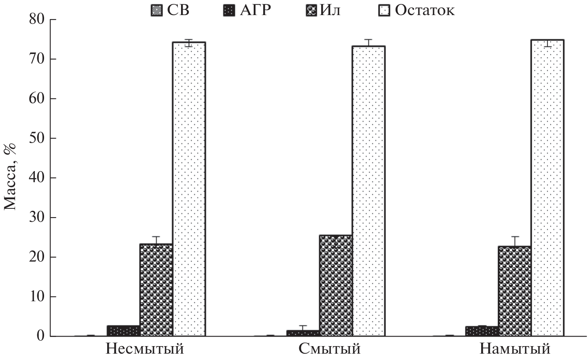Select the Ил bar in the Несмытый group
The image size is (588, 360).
156,290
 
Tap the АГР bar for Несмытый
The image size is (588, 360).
123,331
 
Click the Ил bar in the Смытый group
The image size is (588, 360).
335,285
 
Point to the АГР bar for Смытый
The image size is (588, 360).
303,333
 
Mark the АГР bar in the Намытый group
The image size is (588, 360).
482,331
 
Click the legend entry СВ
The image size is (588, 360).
170,10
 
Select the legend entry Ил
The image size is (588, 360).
324,10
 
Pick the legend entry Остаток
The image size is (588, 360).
416,10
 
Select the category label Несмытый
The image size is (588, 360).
145,349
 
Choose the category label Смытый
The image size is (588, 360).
330,349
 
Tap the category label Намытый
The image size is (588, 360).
515,349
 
